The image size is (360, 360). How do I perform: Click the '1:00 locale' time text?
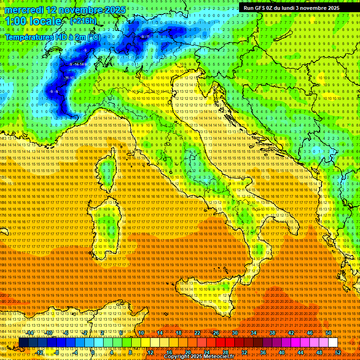[x=33, y=21]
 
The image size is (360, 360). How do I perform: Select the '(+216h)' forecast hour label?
[x=83, y=21]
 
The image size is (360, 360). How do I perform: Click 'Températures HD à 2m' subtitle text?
[x=52, y=37]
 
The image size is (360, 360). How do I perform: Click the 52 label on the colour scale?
[x=337, y=352]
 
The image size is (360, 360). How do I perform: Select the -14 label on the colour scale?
[x=30, y=333]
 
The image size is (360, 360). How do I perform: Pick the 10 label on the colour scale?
[x=141, y=333]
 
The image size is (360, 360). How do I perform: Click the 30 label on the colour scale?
[x=235, y=333]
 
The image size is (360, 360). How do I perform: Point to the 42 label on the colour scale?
[x=291, y=333]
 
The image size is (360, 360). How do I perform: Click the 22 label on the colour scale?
[x=197, y=333]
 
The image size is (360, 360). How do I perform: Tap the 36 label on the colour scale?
[x=262, y=352]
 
